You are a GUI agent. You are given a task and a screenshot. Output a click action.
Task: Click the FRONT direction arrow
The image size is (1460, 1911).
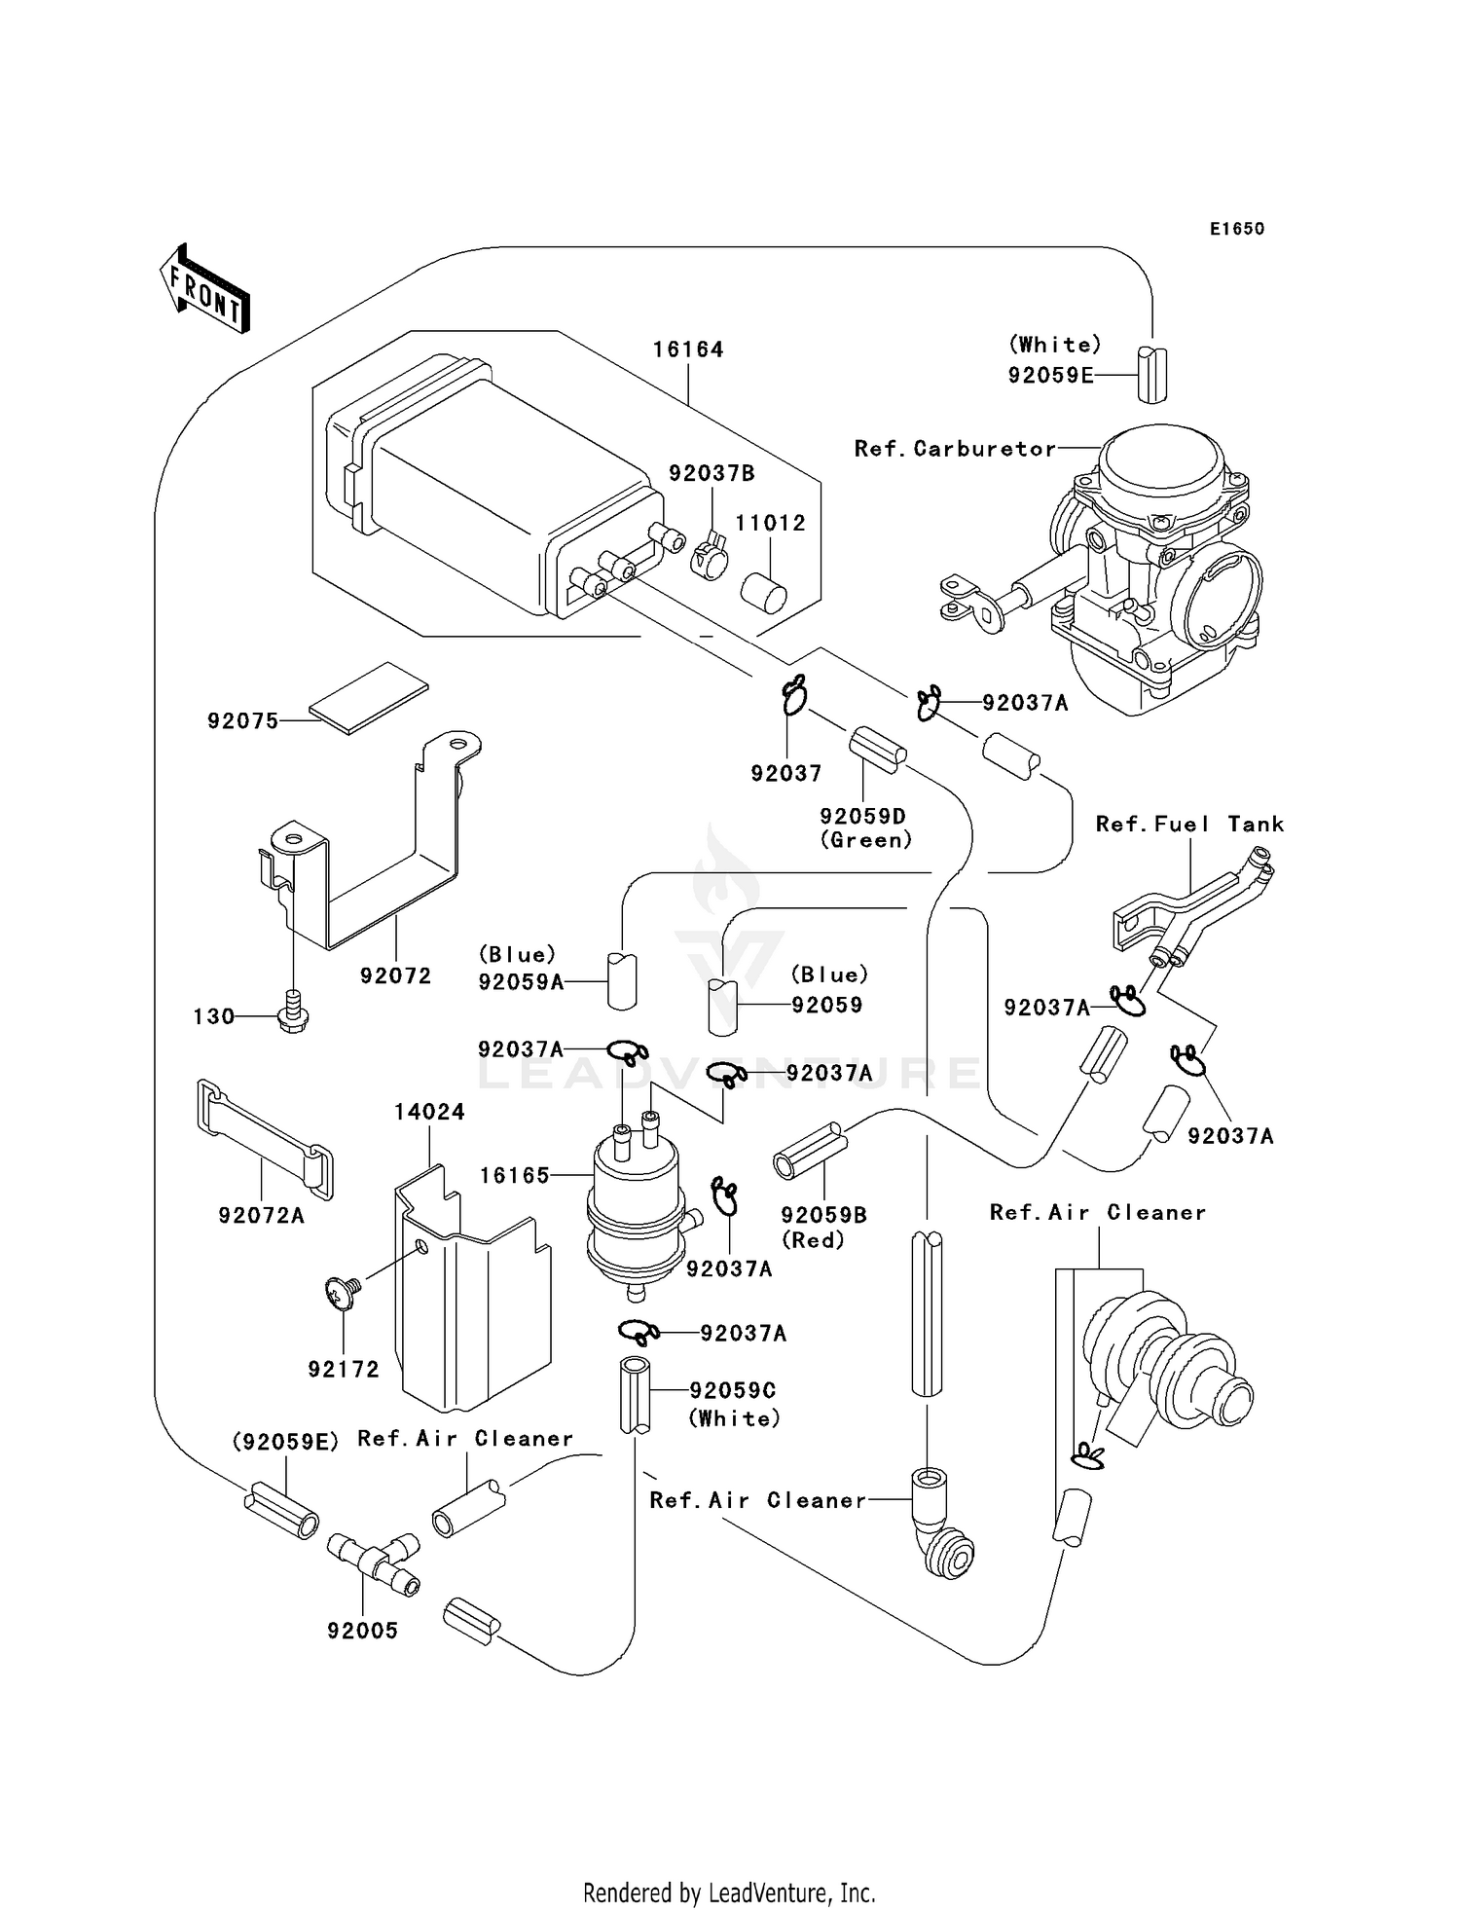coord(205,289)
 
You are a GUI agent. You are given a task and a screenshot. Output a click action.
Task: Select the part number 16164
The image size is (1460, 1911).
coord(687,349)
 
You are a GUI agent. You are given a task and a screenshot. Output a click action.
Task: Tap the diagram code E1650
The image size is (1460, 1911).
coord(1236,229)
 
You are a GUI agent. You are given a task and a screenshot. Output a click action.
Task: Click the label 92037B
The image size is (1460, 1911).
coord(712,474)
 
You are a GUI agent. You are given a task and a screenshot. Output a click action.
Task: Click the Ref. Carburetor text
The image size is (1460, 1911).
coord(954,449)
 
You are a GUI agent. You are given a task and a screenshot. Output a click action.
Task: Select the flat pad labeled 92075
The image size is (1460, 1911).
coord(369,694)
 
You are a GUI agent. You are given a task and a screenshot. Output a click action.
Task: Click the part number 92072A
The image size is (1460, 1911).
coord(261,1215)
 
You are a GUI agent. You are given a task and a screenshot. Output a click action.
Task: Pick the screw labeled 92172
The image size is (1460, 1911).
coord(344,1294)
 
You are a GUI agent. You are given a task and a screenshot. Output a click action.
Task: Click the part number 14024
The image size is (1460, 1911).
coord(429,1112)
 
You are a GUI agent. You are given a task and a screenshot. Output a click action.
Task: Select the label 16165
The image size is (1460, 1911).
coord(515,1175)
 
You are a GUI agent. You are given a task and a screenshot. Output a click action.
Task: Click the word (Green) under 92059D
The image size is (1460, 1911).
coord(865,840)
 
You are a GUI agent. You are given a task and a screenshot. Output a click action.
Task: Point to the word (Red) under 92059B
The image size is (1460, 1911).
coord(814,1239)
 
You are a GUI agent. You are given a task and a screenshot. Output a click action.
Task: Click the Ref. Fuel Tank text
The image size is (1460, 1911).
coord(1189,825)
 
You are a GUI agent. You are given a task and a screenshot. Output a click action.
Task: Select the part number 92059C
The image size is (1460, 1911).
coord(733,1390)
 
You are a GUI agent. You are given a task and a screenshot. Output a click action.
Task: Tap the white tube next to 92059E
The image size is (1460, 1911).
coord(1151,374)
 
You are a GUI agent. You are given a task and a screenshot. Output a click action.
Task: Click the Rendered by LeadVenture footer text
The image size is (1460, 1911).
coord(729,1893)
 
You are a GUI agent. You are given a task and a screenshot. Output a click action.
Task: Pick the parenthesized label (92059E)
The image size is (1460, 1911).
coord(285,1442)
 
